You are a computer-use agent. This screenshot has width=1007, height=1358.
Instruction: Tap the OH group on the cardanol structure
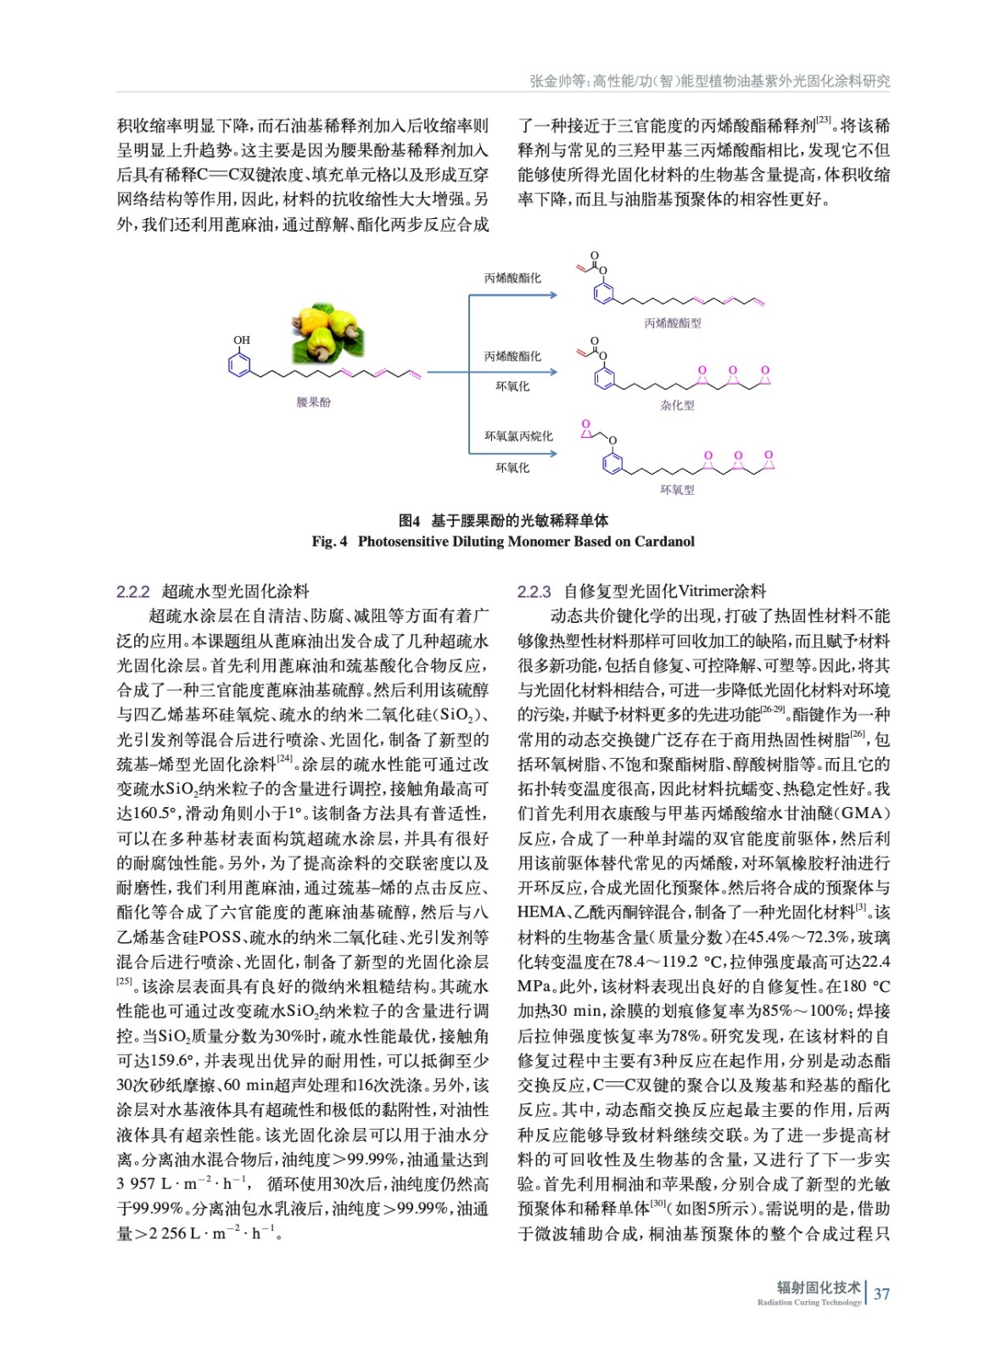[x=242, y=340]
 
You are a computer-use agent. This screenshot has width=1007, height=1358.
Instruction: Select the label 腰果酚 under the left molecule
[x=313, y=401]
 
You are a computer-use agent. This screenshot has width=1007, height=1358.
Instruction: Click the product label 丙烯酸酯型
[x=672, y=323]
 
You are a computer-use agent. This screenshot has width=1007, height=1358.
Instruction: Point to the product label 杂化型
[x=677, y=406]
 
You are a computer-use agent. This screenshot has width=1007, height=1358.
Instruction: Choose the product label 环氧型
[x=677, y=490]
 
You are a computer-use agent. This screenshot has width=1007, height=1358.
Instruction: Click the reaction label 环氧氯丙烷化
[x=517, y=436]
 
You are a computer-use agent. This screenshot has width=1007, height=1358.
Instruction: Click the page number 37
[x=881, y=1294]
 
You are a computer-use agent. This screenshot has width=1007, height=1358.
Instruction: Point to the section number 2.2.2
[x=133, y=592]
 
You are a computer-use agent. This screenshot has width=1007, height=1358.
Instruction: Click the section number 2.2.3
[x=534, y=592]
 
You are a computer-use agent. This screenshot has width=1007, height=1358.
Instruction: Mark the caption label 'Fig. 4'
[x=329, y=542]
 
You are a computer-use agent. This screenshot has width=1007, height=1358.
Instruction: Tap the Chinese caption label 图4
[x=409, y=520]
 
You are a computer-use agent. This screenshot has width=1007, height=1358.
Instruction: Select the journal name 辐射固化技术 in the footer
[x=818, y=1288]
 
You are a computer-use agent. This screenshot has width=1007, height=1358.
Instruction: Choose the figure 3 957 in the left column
[x=136, y=1184]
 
